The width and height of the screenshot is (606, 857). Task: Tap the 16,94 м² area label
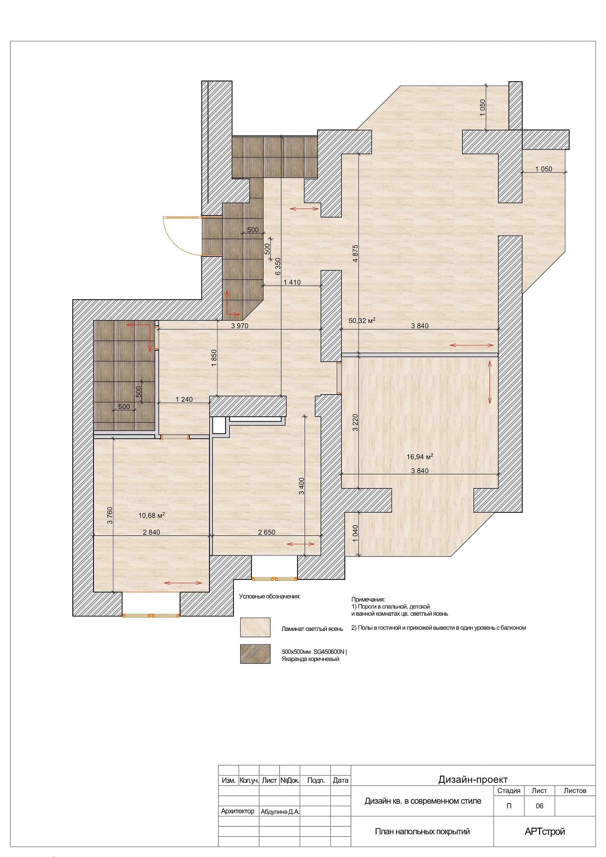tap(420, 456)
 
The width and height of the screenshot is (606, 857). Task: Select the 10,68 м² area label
tap(151, 515)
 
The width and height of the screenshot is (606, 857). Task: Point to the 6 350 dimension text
tap(278, 266)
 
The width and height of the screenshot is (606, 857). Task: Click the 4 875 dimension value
tap(355, 253)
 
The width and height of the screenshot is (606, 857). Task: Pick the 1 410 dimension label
tap(292, 282)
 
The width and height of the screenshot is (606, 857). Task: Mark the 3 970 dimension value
tap(240, 325)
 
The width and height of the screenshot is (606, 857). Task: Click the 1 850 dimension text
tap(214, 358)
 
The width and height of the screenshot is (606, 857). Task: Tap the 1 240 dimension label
tap(184, 399)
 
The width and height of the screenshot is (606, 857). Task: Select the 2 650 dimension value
tap(266, 532)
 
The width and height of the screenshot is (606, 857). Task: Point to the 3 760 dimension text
tap(110, 515)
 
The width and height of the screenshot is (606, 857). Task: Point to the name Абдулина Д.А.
tap(280, 812)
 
